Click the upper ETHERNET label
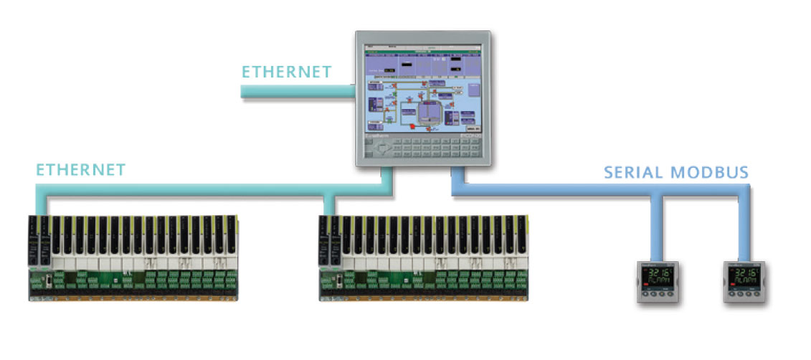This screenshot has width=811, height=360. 286,72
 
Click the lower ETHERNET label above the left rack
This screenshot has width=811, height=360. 80,170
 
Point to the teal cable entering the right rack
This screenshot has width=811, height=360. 328,204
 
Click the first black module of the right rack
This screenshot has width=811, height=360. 325,237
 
